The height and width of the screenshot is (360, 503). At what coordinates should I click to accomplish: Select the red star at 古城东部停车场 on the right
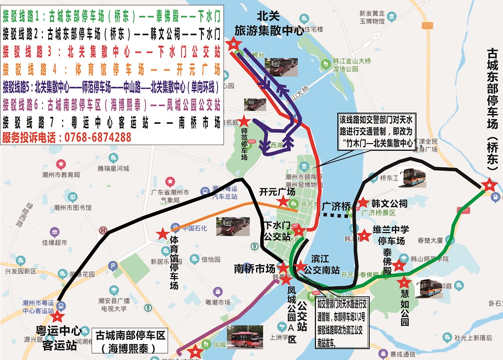click(x=489, y=185)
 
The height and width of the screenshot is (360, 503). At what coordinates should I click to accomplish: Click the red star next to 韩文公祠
click(x=363, y=202)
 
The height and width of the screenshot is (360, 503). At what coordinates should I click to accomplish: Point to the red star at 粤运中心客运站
click(x=58, y=316)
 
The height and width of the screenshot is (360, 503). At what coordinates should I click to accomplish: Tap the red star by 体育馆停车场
click(x=162, y=234)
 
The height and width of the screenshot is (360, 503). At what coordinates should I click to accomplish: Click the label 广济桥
click(x=336, y=206)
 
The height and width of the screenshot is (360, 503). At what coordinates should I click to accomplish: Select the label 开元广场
click(x=277, y=192)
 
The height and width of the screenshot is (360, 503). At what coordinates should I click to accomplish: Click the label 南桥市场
click(x=254, y=269)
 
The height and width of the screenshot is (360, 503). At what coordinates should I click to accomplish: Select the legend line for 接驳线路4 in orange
click(x=112, y=68)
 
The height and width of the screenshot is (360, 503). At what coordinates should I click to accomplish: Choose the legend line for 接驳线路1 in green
click(x=112, y=17)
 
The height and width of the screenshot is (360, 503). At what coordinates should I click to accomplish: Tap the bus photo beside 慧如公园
click(x=428, y=288)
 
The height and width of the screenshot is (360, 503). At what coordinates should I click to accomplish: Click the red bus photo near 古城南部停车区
click(x=245, y=338)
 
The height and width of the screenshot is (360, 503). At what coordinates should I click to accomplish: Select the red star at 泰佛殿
click(x=398, y=266)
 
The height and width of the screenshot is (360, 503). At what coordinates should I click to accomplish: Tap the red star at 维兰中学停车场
click(x=364, y=236)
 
